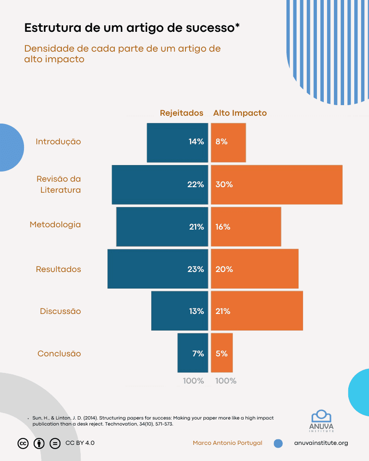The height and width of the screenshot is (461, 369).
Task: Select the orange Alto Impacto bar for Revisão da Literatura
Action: [277, 184]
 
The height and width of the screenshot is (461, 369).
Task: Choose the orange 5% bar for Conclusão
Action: [222, 353]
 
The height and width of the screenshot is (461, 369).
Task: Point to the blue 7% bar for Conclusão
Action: [193, 353]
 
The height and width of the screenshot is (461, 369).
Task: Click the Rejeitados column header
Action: [181, 113]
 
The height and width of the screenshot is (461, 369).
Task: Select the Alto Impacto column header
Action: [240, 113]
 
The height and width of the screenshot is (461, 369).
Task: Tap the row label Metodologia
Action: [55, 225]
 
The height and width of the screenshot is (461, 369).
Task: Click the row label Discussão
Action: [60, 311]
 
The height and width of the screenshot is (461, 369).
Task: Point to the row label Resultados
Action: [59, 269]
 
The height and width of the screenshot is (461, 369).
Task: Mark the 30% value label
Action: [224, 184]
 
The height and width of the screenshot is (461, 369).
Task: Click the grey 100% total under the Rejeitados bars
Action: [193, 381]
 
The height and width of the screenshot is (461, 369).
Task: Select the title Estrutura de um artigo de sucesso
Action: [132, 28]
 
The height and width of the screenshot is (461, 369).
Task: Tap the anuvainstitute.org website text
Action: [321, 443]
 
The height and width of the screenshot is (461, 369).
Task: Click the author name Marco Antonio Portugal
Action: [227, 443]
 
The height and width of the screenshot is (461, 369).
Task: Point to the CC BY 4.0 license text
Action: [80, 443]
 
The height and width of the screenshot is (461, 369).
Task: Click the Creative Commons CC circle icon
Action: [23, 443]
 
